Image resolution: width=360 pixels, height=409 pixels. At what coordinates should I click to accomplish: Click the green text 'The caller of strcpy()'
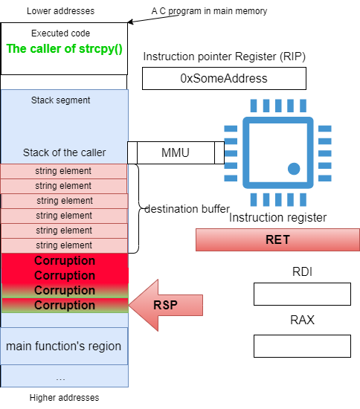pyautogui.click(x=64, y=49)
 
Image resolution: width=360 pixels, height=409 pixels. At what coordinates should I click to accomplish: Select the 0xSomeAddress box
pyautogui.click(x=224, y=79)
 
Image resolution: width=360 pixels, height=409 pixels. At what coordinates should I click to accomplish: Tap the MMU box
pyautogui.click(x=176, y=153)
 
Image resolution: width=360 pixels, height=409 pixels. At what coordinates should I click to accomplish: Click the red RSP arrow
pyautogui.click(x=166, y=305)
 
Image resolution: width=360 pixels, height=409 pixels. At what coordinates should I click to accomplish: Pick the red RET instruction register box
pyautogui.click(x=278, y=239)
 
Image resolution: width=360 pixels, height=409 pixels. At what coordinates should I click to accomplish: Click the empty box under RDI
pyautogui.click(x=302, y=294)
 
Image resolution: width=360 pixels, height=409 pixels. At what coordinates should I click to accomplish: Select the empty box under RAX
pyautogui.click(x=302, y=346)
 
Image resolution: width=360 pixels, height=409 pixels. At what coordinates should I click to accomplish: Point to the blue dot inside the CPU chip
pyautogui.click(x=294, y=169)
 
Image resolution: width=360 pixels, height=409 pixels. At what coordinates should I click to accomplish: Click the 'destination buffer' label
pyautogui.click(x=187, y=209)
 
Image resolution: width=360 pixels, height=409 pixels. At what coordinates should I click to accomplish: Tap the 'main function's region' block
pyautogui.click(x=64, y=346)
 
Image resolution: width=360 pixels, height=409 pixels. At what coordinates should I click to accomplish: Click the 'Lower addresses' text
pyautogui.click(x=60, y=11)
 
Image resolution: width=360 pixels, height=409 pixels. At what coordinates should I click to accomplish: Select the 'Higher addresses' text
pyautogui.click(x=64, y=398)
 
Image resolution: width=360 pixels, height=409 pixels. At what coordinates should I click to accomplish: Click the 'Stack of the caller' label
pyautogui.click(x=65, y=152)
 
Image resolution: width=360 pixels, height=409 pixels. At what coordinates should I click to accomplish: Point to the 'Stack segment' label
pyautogui.click(x=60, y=100)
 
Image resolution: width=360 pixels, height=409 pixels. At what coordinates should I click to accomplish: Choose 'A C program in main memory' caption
pyautogui.click(x=209, y=11)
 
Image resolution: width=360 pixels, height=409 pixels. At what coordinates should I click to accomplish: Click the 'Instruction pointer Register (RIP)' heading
pyautogui.click(x=225, y=57)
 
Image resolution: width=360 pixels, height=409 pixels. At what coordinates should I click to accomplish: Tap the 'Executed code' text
pyautogui.click(x=60, y=33)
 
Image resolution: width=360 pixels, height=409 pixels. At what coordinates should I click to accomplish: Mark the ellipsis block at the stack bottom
pyautogui.click(x=64, y=376)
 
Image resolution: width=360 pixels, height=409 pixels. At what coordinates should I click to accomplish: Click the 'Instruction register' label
pyautogui.click(x=278, y=218)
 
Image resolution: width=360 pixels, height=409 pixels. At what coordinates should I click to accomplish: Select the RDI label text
pyautogui.click(x=302, y=271)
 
